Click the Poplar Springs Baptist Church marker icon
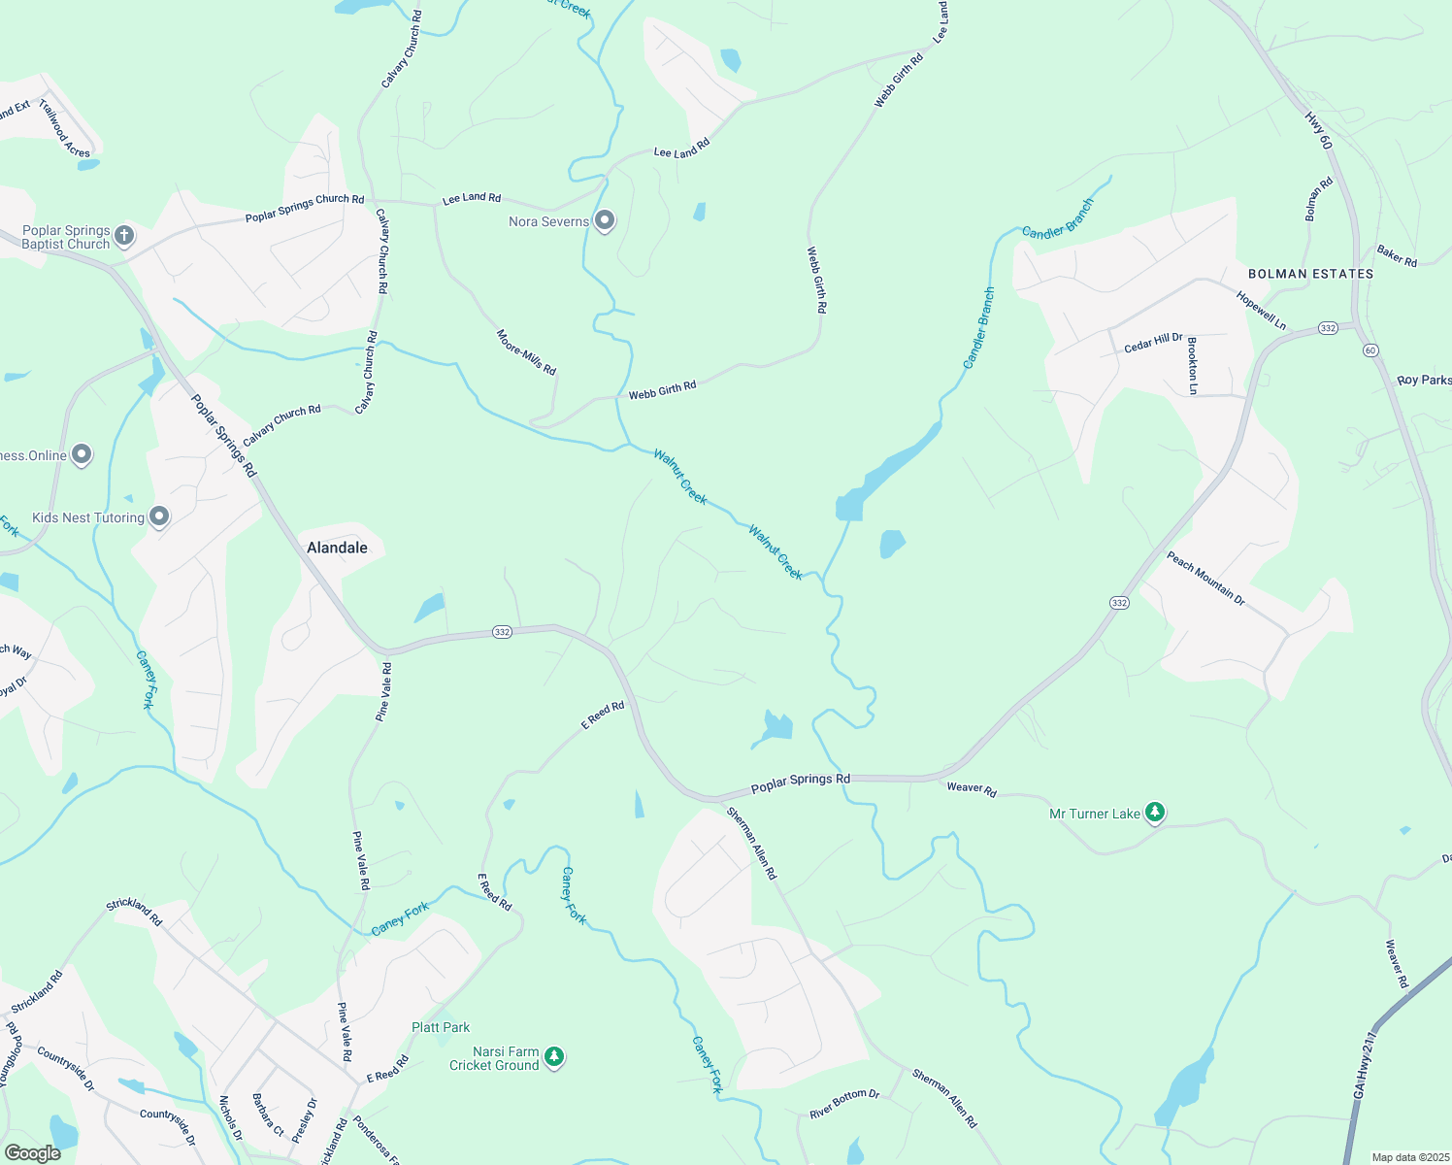pyautogui.click(x=124, y=235)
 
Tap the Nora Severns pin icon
pyautogui.click(x=605, y=221)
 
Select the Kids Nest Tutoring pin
pyautogui.click(x=159, y=517)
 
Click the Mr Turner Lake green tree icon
pyautogui.click(x=1154, y=812)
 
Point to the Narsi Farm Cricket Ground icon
pyautogui.click(x=554, y=1056)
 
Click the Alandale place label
pyautogui.click(x=337, y=548)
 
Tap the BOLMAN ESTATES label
pyautogui.click(x=1310, y=274)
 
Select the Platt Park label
pyautogui.click(x=441, y=1027)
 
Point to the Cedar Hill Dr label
pyautogui.click(x=1153, y=343)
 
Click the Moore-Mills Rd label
pyautogui.click(x=526, y=352)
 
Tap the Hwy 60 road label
pyautogui.click(x=1318, y=130)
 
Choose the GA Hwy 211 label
pyautogui.click(x=1365, y=1064)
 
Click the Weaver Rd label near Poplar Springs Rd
pyautogui.click(x=972, y=789)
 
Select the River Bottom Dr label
pyautogui.click(x=844, y=1103)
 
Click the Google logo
pyautogui.click(x=33, y=1152)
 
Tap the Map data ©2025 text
pyautogui.click(x=1408, y=1157)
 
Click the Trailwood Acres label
pyautogui.click(x=65, y=127)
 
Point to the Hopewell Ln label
pyautogui.click(x=1261, y=310)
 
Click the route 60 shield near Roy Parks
pyautogui.click(x=1370, y=349)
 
